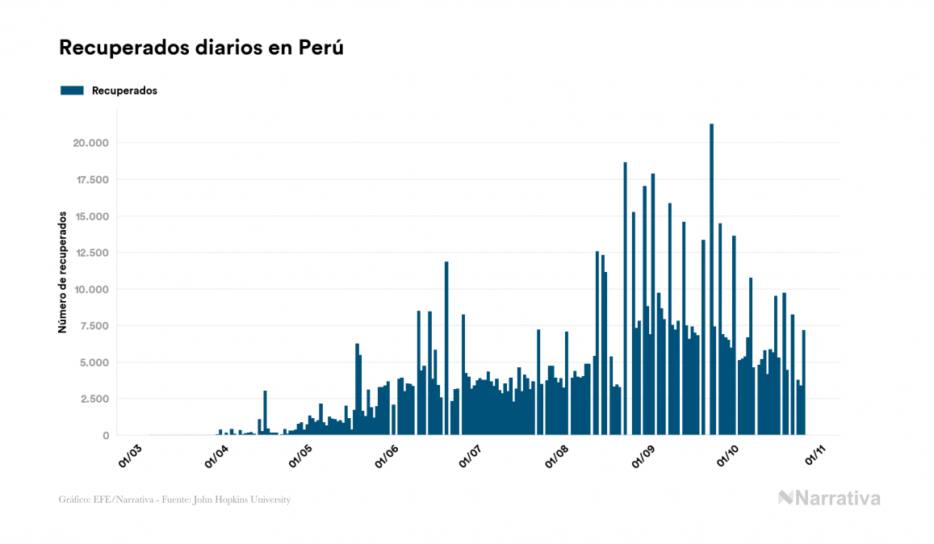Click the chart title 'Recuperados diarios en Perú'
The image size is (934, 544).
(201, 48)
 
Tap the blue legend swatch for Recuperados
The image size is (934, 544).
(72, 90)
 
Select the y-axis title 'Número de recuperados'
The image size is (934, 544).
(62, 273)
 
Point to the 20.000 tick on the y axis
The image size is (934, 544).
(91, 143)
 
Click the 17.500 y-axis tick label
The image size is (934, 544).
(91, 179)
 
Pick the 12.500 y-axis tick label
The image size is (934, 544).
(91, 253)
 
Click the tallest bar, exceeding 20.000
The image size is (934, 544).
(711, 278)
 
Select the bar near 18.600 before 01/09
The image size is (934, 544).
(625, 299)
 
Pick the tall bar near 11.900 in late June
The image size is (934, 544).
(446, 347)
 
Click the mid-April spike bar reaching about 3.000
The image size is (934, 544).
(265, 412)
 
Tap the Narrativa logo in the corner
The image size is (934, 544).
(829, 498)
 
